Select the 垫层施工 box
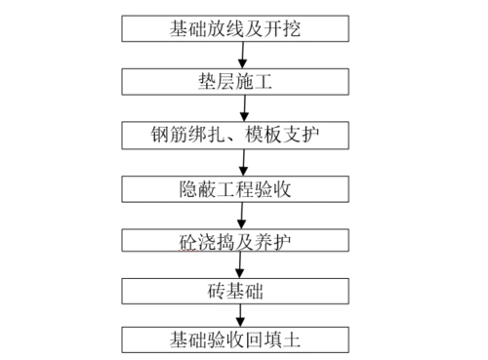[x=234, y=81]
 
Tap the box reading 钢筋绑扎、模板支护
[x=234, y=134]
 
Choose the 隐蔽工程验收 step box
[x=234, y=186]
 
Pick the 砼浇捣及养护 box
[x=234, y=238]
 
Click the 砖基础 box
[x=234, y=290]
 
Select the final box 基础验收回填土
[x=234, y=340]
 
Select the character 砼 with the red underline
[x=177, y=239]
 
